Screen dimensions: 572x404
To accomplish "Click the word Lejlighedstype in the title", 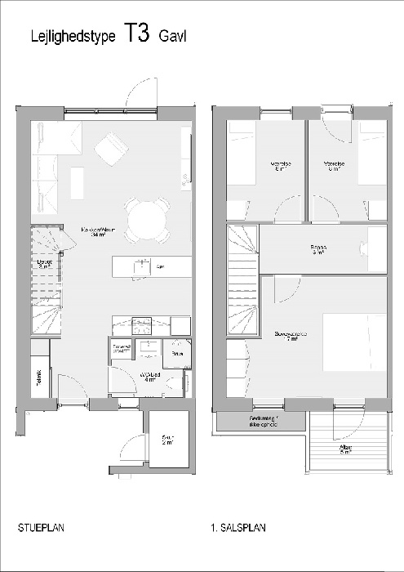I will (73, 37).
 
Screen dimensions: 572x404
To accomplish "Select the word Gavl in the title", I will (173, 37).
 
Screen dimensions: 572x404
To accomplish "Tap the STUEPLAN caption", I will (41, 528).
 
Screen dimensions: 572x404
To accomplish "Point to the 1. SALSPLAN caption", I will (238, 528).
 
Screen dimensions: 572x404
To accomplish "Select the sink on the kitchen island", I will (141, 266).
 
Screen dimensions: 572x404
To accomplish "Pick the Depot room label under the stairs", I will (45, 263).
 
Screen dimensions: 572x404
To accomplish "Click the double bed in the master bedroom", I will (354, 341).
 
